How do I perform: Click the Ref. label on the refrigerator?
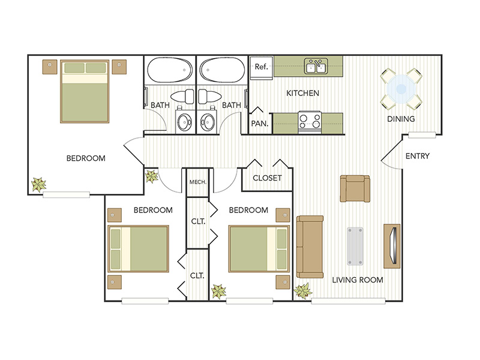pos(261,67)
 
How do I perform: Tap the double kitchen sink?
pos(315,66)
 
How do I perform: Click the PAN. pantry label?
pos(259,124)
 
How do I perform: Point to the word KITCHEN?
pos(302,93)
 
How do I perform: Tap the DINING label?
pos(401,119)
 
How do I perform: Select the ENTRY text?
pos(417,156)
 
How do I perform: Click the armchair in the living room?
pos(356,188)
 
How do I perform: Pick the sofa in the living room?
pos(310,246)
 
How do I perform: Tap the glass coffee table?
pos(355,246)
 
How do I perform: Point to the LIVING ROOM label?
pos(358,280)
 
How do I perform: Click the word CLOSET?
pos(267,178)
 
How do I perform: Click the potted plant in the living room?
pos(303,292)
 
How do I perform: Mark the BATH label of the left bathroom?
pos(160,105)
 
